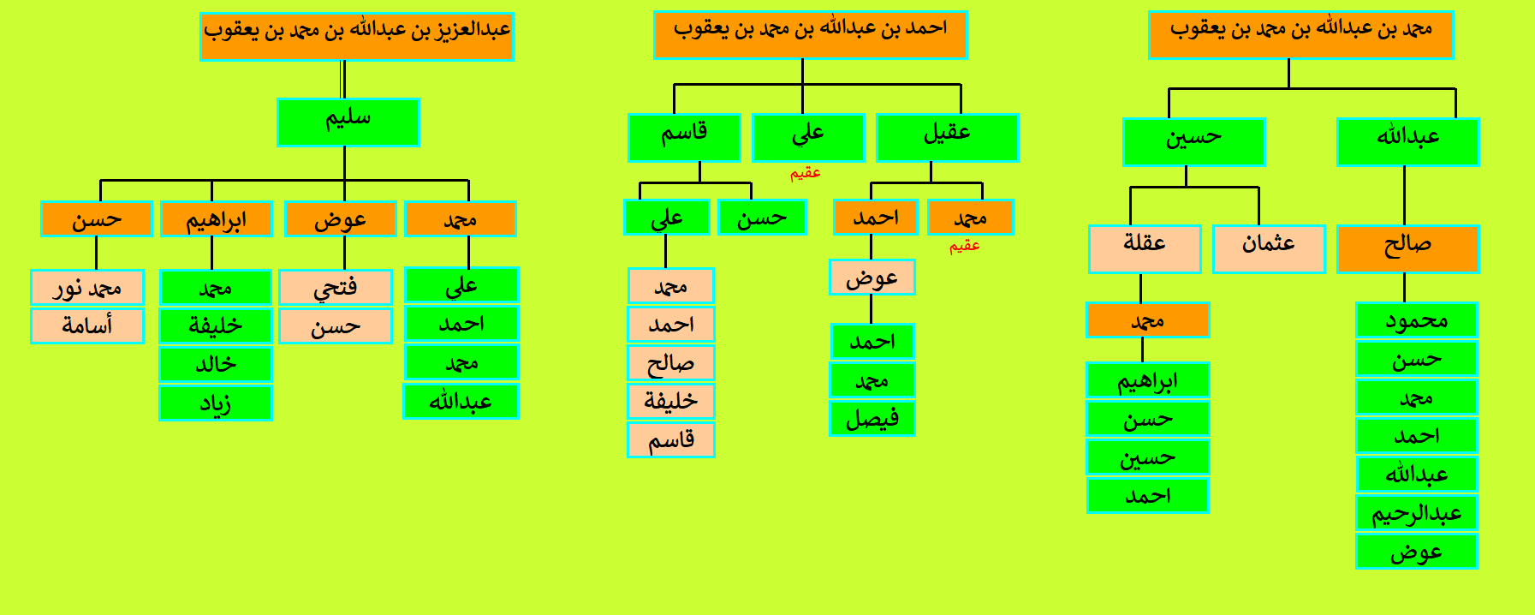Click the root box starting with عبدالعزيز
coord(356,36)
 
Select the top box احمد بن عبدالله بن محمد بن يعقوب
coord(810,34)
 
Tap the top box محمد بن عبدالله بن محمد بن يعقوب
coord(1300,34)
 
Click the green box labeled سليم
coord(348,122)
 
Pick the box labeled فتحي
coord(336,287)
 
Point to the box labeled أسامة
coord(87,325)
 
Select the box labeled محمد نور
coord(87,287)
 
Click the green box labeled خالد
coord(216,364)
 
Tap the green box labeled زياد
coord(216,403)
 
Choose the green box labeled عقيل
coord(947,137)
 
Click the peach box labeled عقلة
coord(1145,248)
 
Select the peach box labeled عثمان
coord(1269,248)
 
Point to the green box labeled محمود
coord(1417,319)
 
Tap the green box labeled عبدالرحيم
coord(1417,512)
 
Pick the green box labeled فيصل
coord(872,418)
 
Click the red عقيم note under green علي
coord(806,173)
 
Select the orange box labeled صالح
coord(1407,248)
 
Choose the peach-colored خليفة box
coord(671,401)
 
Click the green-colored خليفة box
coord(216,325)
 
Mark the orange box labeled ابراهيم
coord(217,218)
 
